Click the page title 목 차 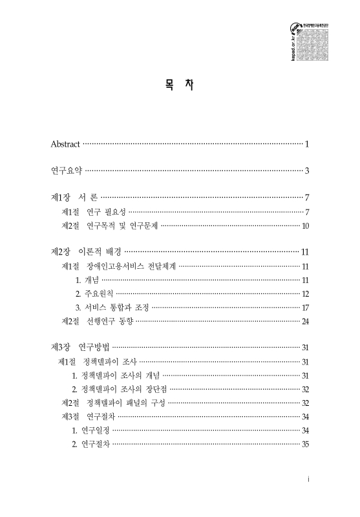coord(180,85)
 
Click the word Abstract coord(66,143)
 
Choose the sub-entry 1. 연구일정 coord(91,430)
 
